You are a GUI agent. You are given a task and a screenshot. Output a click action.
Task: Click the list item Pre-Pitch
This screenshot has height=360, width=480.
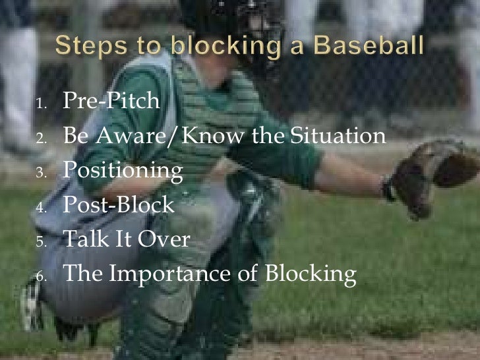click(x=111, y=102)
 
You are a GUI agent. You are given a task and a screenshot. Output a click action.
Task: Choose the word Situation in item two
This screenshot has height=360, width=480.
click(x=339, y=136)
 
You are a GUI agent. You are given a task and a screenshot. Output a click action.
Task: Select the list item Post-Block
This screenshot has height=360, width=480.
click(x=118, y=205)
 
